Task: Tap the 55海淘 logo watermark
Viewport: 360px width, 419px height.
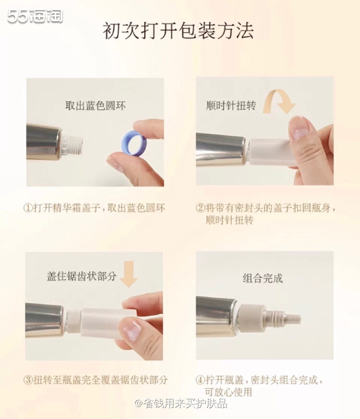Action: (35, 16)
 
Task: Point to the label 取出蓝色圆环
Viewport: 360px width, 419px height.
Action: (96, 106)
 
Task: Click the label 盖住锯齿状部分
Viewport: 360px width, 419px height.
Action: (81, 277)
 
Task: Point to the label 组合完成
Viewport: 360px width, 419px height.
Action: (263, 278)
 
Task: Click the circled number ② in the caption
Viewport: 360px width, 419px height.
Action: (200, 208)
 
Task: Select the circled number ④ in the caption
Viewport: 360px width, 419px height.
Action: (200, 380)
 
